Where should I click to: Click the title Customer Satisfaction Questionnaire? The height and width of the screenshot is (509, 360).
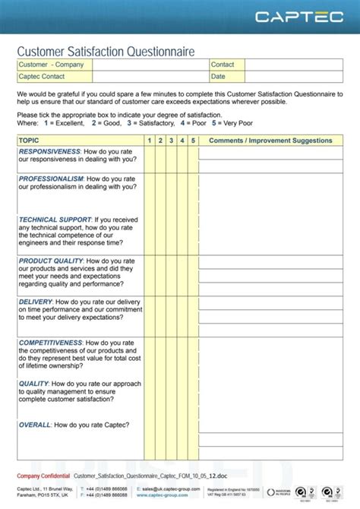(106, 51)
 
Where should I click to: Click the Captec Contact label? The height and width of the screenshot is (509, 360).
(42, 77)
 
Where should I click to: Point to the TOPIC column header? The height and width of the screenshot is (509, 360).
(29, 141)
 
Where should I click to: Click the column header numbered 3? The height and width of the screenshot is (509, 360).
(172, 141)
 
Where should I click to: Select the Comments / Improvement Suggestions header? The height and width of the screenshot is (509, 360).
(270, 141)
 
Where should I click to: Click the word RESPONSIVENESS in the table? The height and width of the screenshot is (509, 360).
(50, 151)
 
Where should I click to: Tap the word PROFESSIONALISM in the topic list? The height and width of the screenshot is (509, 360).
(52, 179)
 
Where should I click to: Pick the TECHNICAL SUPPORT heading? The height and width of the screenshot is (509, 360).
(55, 220)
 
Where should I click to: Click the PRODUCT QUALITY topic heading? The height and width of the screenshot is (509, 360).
(50, 261)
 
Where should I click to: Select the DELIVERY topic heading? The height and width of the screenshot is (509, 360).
(35, 302)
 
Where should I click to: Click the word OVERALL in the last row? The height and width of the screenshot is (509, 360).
(35, 425)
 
